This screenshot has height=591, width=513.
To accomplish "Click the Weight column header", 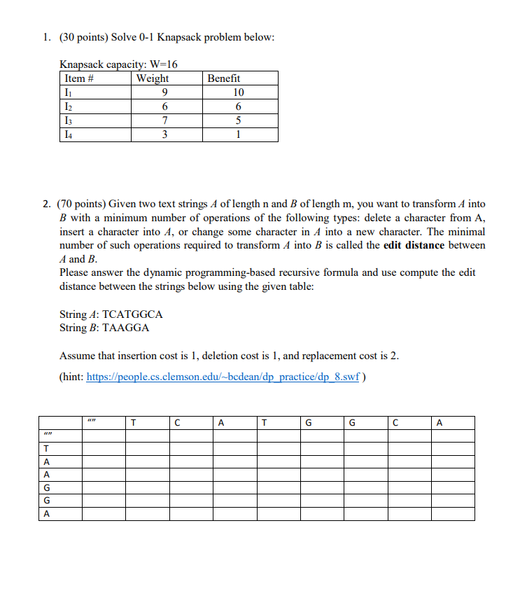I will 153,78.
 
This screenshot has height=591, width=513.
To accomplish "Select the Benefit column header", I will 224,78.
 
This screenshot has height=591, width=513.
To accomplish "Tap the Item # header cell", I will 79,78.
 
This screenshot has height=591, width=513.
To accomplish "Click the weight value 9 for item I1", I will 164,92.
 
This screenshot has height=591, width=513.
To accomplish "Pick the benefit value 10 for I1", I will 239,92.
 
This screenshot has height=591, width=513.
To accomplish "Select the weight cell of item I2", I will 164,107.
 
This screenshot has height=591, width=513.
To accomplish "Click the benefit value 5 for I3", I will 239,121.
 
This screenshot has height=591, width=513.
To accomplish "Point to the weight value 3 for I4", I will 164,135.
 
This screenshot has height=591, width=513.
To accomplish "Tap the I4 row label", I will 68,135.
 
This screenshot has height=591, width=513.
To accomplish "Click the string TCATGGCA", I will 132,314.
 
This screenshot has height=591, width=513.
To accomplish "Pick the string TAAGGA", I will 126,328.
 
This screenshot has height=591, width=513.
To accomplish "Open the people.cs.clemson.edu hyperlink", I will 223,377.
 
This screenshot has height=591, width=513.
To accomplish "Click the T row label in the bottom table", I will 47,449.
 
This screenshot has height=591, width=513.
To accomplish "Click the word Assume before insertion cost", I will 78,355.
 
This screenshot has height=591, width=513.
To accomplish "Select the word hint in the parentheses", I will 72,377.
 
